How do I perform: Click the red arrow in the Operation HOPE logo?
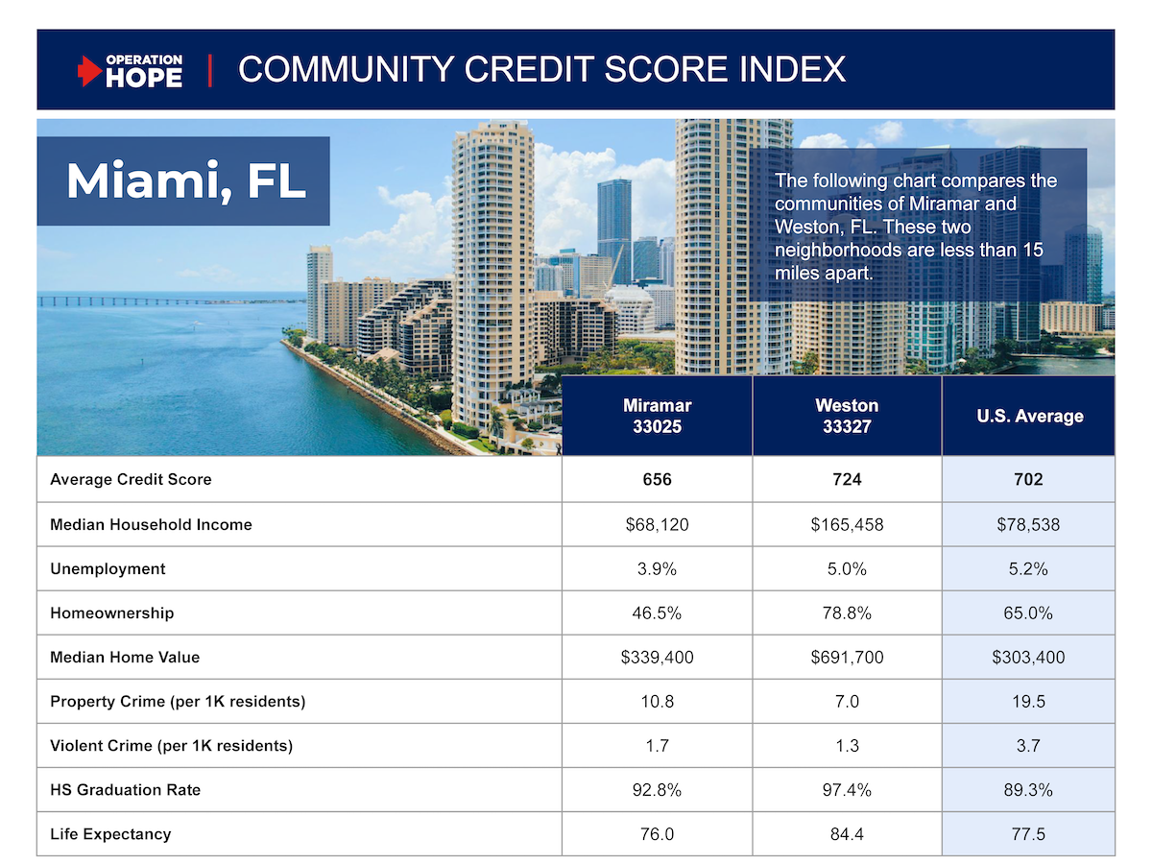point(89,71)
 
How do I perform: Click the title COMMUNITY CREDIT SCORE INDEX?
point(541,70)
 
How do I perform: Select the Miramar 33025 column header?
point(657,417)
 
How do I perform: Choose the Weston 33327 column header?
point(847,417)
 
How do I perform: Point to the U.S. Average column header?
point(1028,417)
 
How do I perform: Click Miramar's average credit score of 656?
point(657,479)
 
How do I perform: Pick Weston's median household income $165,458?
point(847,524)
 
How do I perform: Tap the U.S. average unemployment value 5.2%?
point(1028,568)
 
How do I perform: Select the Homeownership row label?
point(112,612)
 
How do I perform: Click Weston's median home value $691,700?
point(847,658)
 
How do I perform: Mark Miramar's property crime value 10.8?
point(657,702)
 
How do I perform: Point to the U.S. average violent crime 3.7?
point(1028,746)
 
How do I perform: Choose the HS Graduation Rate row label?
point(126,790)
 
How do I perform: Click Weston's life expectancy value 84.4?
point(847,834)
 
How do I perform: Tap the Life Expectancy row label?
point(110,834)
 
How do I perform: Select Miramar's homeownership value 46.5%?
point(657,612)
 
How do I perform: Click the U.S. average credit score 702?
point(1028,479)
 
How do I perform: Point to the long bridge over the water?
point(144,300)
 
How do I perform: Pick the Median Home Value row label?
point(125,658)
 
